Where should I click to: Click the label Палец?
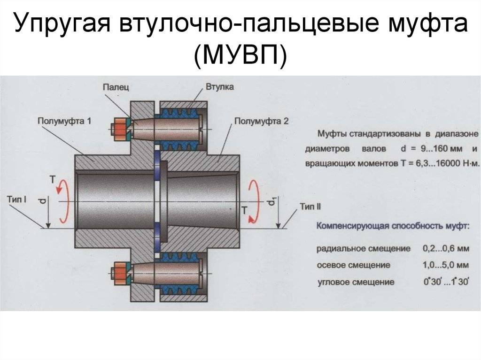pyautogui.click(x=116, y=87)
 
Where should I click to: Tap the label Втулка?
pyautogui.click(x=219, y=87)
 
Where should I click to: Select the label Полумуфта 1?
pyautogui.click(x=64, y=121)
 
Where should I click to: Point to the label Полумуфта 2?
pyautogui.click(x=261, y=122)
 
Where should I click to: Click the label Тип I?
pyautogui.click(x=16, y=199)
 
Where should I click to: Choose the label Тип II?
pyautogui.click(x=310, y=207)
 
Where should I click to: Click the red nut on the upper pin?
pyautogui.click(x=120, y=129)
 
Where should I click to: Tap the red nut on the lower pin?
pyautogui.click(x=120, y=273)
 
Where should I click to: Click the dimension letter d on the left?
pyautogui.click(x=43, y=201)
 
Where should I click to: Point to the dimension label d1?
pyautogui.click(x=272, y=201)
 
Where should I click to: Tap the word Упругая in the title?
pyautogui.click(x=62, y=24)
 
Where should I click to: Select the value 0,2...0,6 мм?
pyautogui.click(x=446, y=248)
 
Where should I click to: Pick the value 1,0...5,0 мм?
pyautogui.click(x=446, y=265)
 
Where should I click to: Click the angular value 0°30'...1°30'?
pyautogui.click(x=446, y=282)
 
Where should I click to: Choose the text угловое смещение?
pyautogui.click(x=356, y=282)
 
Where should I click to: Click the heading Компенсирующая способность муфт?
pyautogui.click(x=393, y=227)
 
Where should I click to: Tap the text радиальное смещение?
pyautogui.click(x=364, y=249)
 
